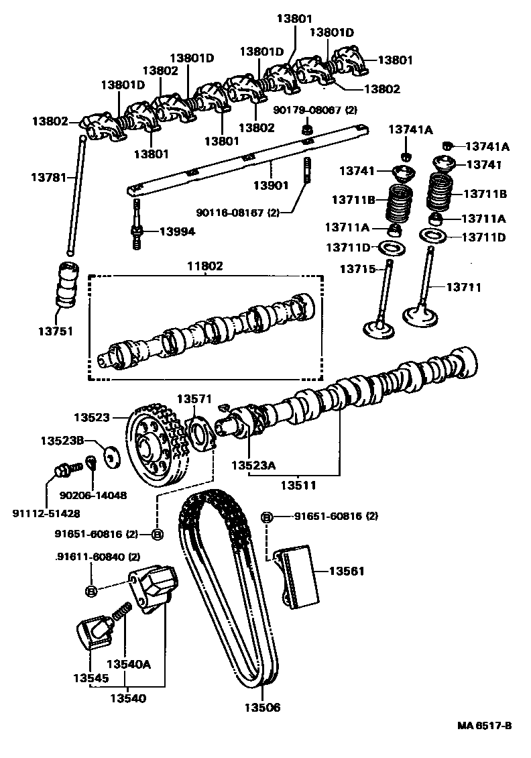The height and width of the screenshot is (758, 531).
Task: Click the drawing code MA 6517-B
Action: pyautogui.click(x=485, y=726)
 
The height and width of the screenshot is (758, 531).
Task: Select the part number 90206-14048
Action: pyautogui.click(x=93, y=495)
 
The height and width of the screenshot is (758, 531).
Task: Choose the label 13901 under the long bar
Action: pyautogui.click(x=271, y=184)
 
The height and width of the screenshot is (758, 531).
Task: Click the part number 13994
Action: pyautogui.click(x=177, y=231)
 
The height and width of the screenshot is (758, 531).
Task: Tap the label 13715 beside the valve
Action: pyautogui.click(x=359, y=269)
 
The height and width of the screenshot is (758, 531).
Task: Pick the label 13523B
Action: pyautogui.click(x=62, y=441)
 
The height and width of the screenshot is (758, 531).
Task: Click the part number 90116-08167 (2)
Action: pyautogui.click(x=238, y=213)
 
